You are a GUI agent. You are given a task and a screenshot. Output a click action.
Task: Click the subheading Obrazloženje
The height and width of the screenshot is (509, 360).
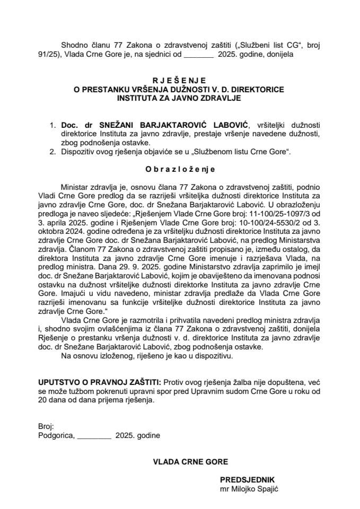[x=179, y=169]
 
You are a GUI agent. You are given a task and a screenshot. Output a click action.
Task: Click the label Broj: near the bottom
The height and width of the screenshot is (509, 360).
[x=46, y=426]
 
